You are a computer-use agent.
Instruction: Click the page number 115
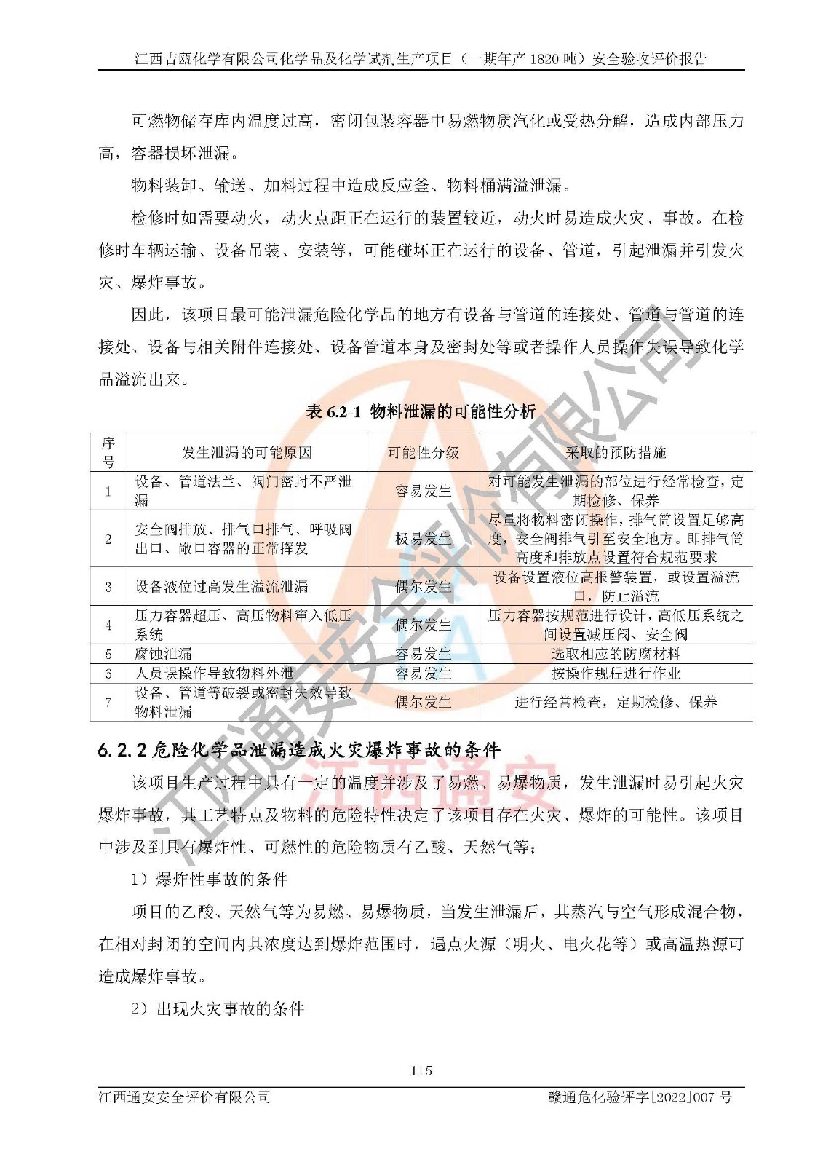(421, 1070)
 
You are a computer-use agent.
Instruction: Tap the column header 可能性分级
(423, 453)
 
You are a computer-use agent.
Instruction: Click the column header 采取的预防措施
(616, 453)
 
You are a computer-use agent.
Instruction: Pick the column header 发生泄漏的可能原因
(246, 453)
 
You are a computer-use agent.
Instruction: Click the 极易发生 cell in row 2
(423, 539)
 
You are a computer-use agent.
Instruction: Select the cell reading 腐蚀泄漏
(164, 654)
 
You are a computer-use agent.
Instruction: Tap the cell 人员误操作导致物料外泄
(215, 674)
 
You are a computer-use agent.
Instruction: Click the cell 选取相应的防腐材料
(616, 654)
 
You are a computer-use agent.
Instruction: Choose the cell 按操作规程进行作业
(616, 674)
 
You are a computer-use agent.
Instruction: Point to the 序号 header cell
(108, 452)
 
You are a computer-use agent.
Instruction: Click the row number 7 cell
(108, 702)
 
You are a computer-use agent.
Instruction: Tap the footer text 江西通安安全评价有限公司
(185, 1097)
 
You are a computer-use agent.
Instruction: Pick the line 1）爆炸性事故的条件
(210, 880)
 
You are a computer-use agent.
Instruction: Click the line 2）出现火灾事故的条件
(218, 1009)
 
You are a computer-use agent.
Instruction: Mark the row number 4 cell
(108, 625)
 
